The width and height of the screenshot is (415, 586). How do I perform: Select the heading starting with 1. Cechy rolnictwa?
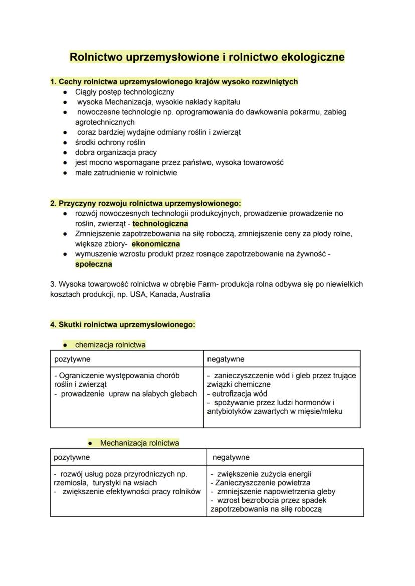click(174, 81)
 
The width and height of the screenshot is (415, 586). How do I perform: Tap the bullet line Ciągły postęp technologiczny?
click(125, 92)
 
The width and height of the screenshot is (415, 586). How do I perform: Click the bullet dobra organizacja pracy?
click(116, 152)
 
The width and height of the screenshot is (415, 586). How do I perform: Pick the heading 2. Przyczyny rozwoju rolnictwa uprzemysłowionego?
click(145, 203)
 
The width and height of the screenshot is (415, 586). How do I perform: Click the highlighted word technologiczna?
click(160, 223)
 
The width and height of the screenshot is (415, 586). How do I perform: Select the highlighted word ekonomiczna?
click(156, 244)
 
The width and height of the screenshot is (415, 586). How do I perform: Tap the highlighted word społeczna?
click(90, 264)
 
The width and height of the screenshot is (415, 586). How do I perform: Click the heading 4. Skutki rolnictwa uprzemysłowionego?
click(122, 324)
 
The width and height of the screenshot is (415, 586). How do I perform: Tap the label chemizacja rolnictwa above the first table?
click(110, 345)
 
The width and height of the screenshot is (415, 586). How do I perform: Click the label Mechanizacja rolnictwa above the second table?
click(139, 443)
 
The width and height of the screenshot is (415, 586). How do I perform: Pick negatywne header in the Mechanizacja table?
click(231, 457)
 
